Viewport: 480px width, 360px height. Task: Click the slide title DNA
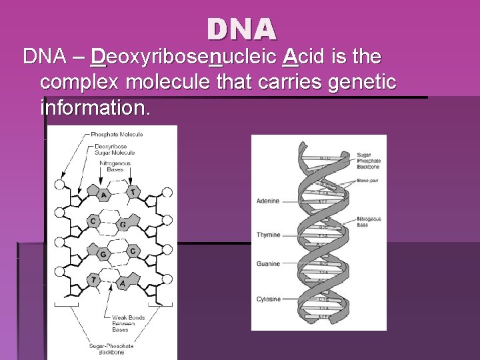(241, 29)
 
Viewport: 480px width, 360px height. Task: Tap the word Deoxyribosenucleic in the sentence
(183, 57)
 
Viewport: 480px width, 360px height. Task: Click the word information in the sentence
(95, 107)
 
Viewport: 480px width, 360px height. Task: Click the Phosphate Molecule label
(117, 134)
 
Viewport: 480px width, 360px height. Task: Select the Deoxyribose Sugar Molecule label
(115, 149)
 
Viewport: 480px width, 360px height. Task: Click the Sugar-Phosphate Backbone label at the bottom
(112, 349)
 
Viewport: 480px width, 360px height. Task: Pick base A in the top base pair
(103, 195)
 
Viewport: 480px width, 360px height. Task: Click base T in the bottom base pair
(95, 281)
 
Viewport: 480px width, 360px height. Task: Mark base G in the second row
(123, 225)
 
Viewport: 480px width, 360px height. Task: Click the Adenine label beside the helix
(268, 201)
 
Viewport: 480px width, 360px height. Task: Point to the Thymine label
(268, 235)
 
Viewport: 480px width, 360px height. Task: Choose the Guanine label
(268, 264)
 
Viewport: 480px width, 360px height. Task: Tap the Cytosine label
(268, 299)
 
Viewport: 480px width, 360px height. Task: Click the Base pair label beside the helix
(367, 181)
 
